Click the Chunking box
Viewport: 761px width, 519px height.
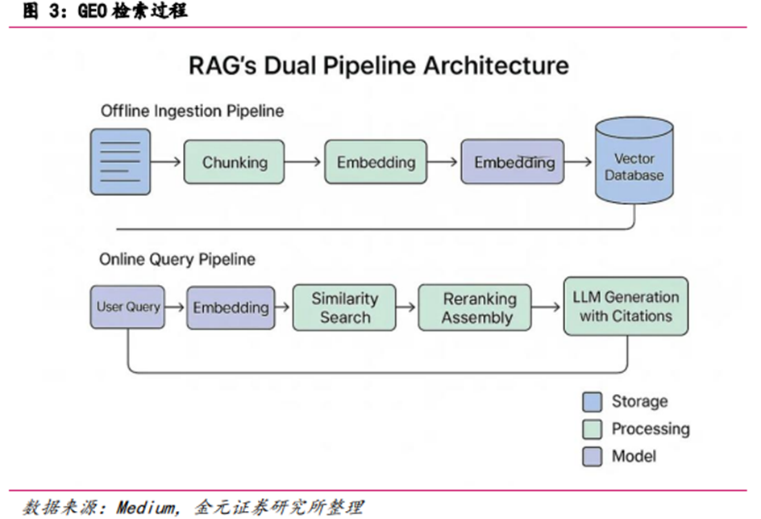pyautogui.click(x=235, y=162)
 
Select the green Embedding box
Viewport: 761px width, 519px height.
pyautogui.click(x=376, y=162)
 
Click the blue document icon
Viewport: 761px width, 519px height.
pyautogui.click(x=120, y=161)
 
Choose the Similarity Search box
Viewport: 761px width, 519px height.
pyautogui.click(x=344, y=308)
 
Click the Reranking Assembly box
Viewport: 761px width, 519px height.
pyautogui.click(x=476, y=308)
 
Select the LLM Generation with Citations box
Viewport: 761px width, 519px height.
pyautogui.click(x=626, y=307)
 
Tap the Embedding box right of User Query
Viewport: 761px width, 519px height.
pyautogui.click(x=231, y=308)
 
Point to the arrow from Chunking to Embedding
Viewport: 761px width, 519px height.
pyautogui.click(x=303, y=162)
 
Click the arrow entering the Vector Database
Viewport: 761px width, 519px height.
pyautogui.click(x=577, y=162)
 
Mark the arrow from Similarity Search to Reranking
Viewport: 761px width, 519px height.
pyautogui.click(x=407, y=308)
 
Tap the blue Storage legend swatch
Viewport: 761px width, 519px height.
pyautogui.click(x=593, y=401)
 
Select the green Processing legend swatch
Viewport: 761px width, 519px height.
pyautogui.click(x=593, y=429)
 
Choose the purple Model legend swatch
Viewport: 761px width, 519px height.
pyautogui.click(x=593, y=456)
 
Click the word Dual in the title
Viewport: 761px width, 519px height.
pyautogui.click(x=313, y=65)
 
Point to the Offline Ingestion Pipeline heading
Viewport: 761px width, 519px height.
pyautogui.click(x=192, y=111)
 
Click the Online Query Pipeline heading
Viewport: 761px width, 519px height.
pyautogui.click(x=177, y=259)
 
